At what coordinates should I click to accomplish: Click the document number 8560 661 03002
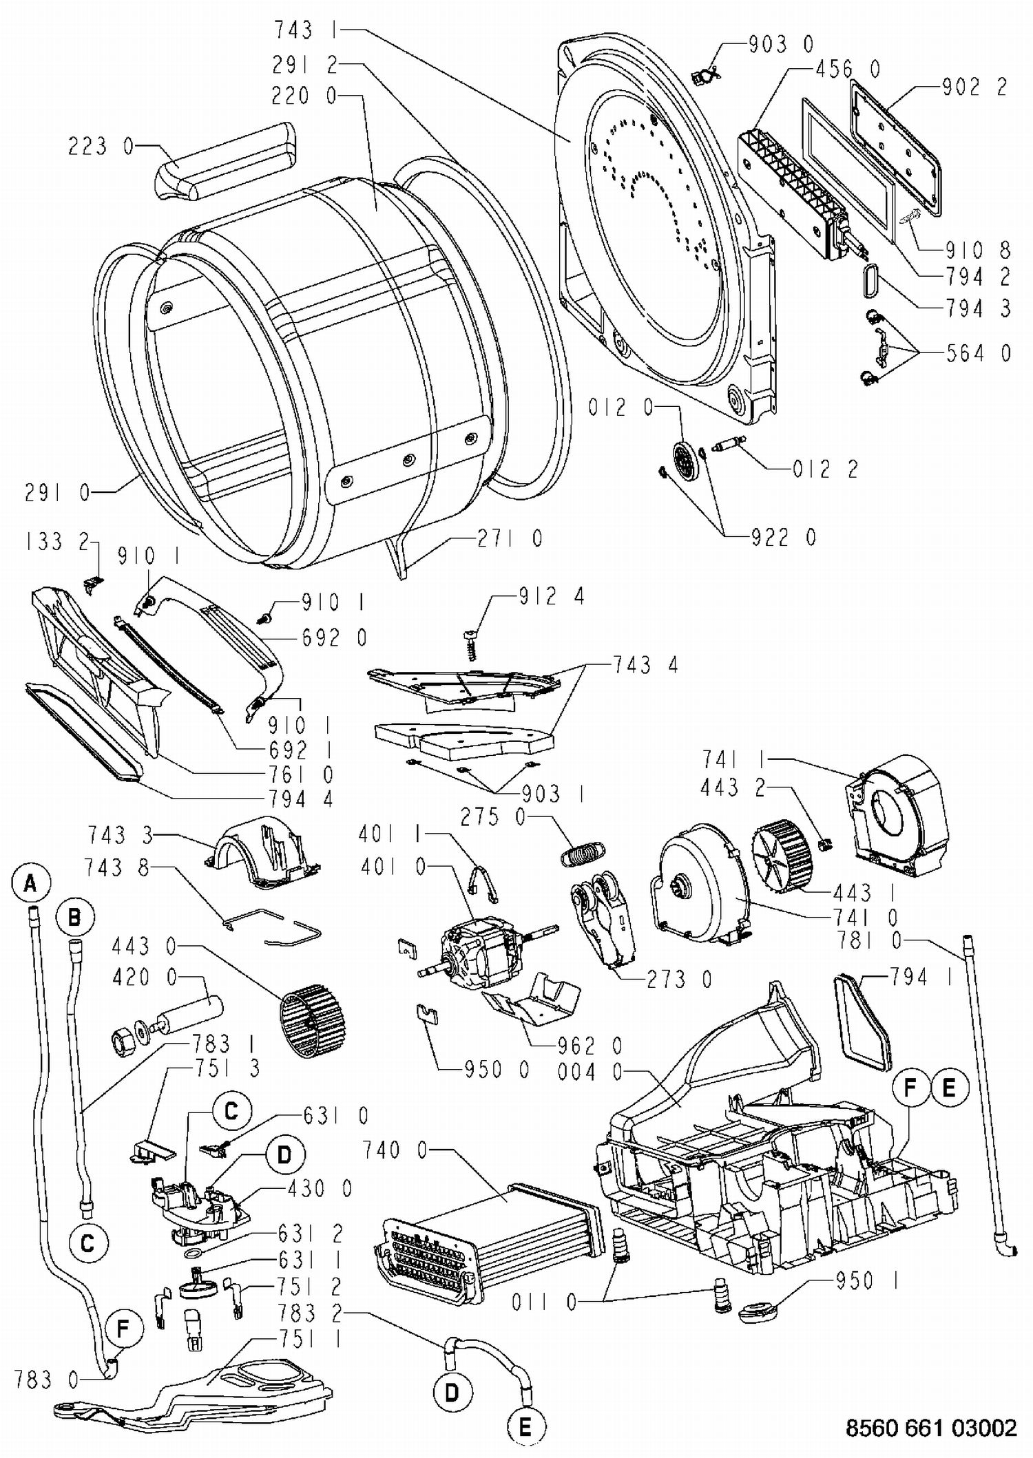931,1428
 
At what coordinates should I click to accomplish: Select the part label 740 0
395,1150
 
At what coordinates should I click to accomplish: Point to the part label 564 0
978,353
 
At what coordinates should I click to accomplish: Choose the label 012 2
825,469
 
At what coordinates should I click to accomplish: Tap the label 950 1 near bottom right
867,1281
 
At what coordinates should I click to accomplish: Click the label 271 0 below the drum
510,538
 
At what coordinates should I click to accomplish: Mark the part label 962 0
589,1047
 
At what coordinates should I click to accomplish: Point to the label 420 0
144,977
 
